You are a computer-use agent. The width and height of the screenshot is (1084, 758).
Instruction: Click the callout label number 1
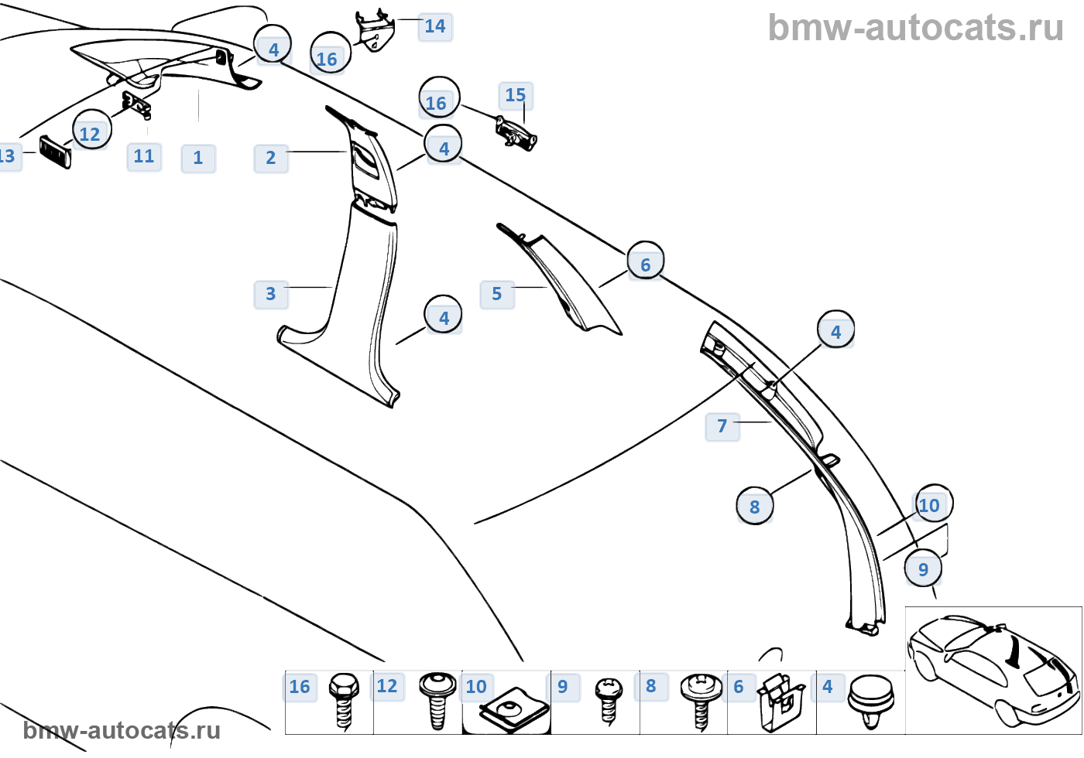tap(198, 158)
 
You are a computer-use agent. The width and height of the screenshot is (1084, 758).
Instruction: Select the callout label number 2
tap(271, 158)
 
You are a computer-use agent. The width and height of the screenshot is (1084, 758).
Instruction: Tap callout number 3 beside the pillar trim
tap(271, 294)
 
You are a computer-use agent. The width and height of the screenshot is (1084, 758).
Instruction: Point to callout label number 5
tap(497, 294)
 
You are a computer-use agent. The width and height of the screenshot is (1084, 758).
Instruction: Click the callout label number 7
tap(722, 426)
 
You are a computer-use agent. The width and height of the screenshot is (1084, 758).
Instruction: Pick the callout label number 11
tap(144, 156)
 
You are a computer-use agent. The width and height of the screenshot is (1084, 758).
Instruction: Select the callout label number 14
tap(435, 26)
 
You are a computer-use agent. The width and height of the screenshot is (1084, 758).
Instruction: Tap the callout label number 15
tap(516, 95)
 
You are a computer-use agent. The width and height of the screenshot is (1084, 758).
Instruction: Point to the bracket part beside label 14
tap(376, 31)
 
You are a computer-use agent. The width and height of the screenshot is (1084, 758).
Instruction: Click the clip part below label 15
tap(516, 133)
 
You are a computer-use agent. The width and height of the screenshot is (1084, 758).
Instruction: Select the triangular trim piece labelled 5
tap(565, 282)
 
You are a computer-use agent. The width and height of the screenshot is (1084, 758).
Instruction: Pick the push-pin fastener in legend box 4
tap(872, 700)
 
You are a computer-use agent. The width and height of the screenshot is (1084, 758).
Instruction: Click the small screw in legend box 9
tap(609, 700)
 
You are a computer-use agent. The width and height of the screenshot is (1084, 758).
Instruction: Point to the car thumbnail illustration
tap(993, 670)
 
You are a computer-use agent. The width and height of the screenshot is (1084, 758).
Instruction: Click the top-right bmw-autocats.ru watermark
tap(915, 28)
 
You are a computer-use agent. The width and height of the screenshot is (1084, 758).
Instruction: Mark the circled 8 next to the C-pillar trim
tap(755, 507)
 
